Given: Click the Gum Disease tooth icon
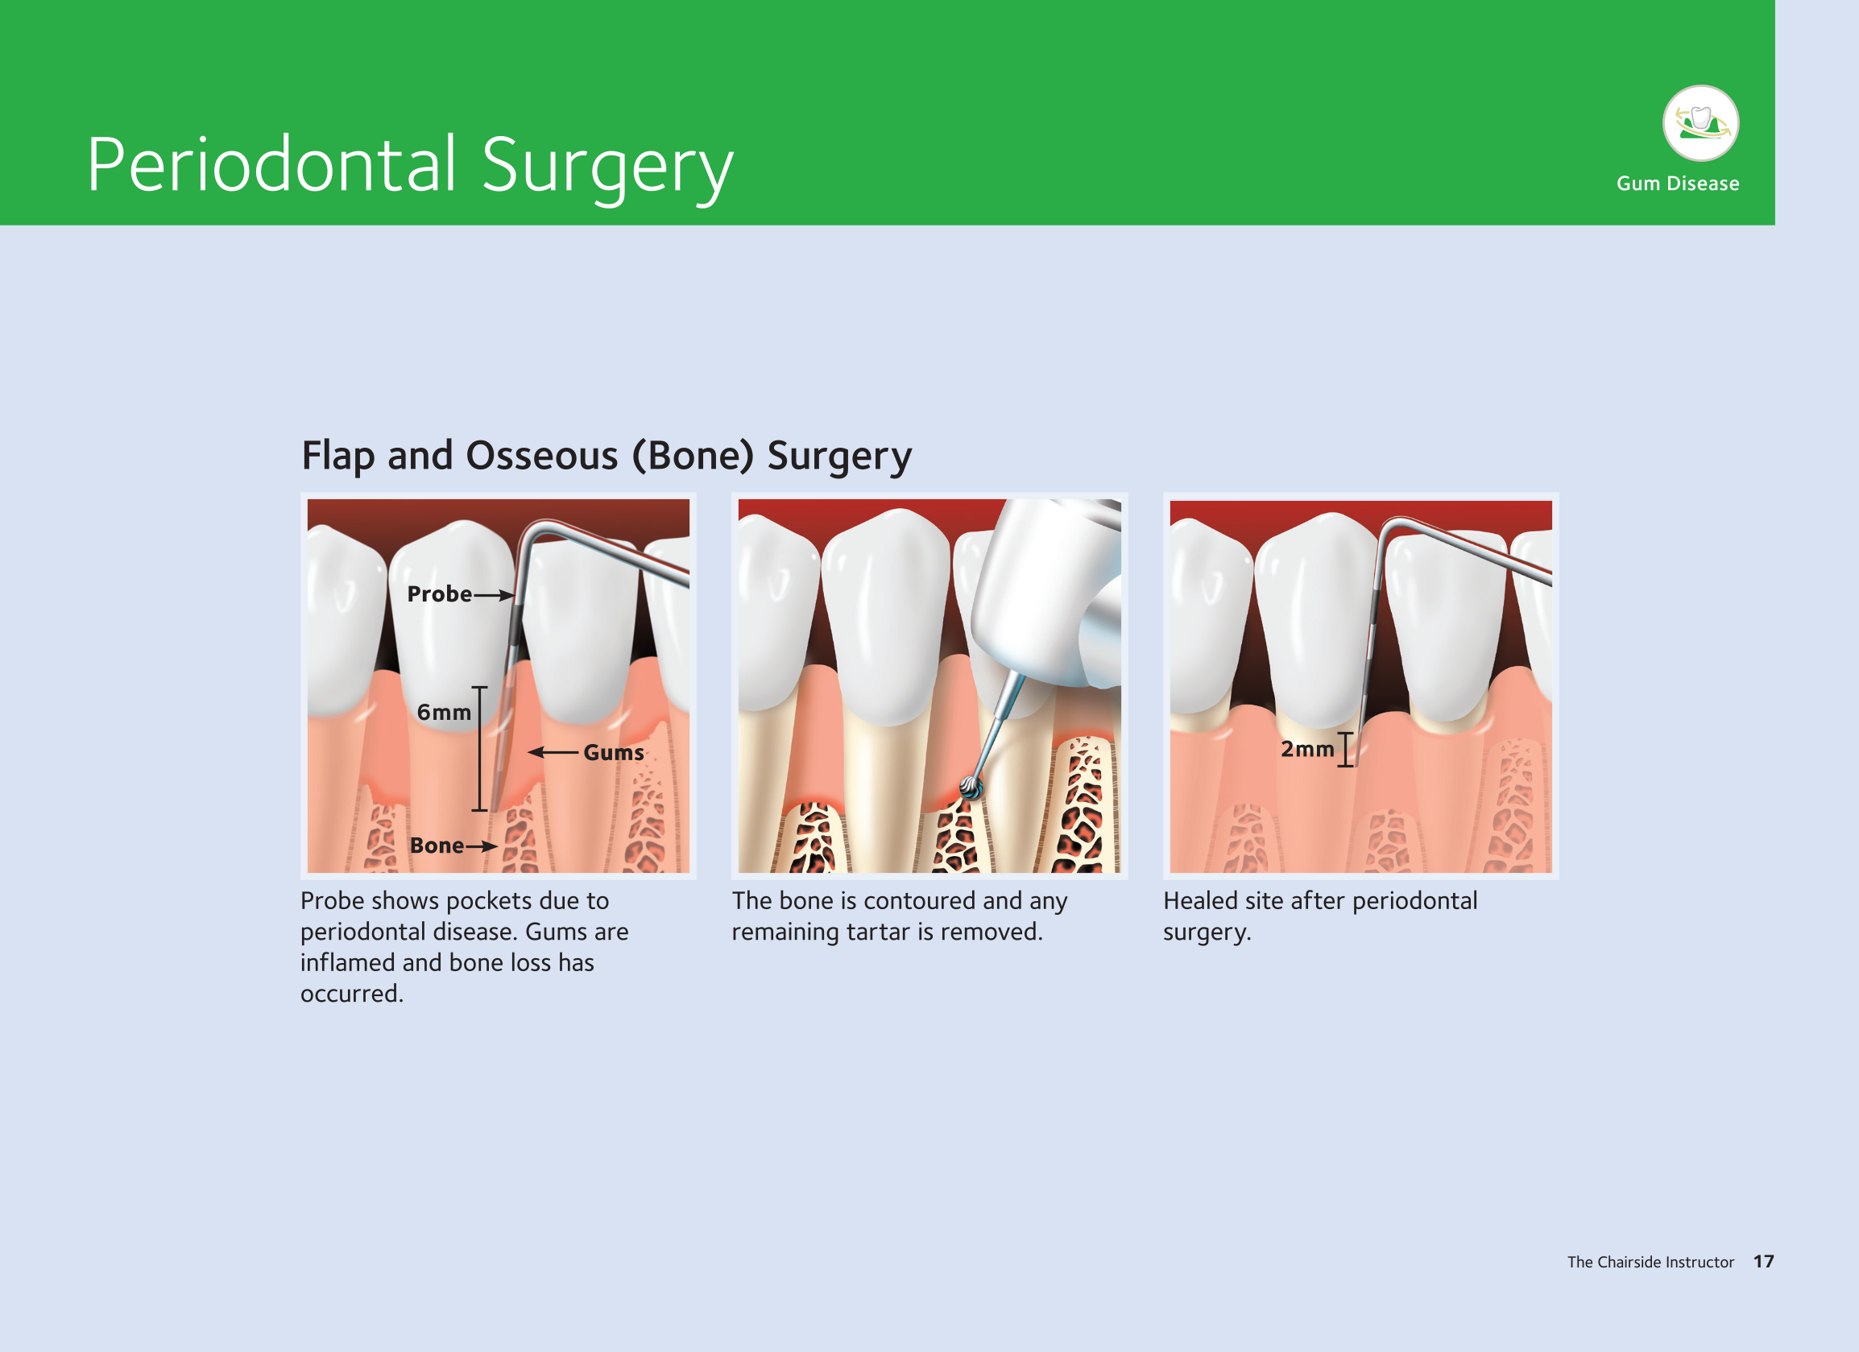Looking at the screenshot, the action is pos(1700,123).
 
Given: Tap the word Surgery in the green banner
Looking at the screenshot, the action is pos(607,169).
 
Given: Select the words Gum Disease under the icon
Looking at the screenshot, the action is pos(1677,184).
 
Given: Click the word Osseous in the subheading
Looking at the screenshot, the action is pos(541,456).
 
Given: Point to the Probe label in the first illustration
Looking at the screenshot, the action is pos(439,594).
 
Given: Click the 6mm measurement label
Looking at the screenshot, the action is pos(444,712).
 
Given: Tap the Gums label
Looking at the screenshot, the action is pos(614,752).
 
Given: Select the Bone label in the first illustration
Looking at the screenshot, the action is pos(437,846).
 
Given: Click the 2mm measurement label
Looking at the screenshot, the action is pos(1307,749).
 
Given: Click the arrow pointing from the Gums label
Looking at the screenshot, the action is pos(553,752).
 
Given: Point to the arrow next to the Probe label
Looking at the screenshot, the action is pos(494,596).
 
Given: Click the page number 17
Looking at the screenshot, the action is pos(1764,1262).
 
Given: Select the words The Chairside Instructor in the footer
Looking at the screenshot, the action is pos(1651,1262).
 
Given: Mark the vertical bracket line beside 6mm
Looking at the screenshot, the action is pos(480,749).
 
